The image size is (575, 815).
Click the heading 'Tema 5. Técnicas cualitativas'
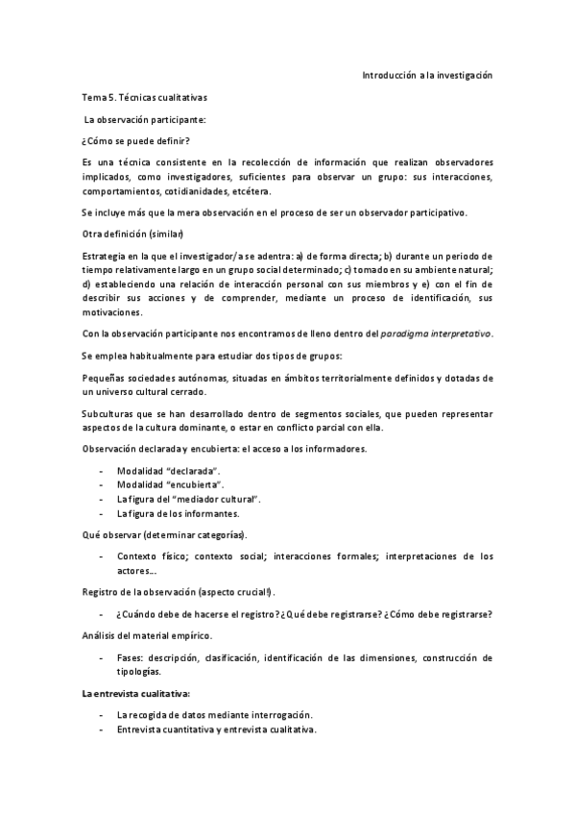tap(144, 97)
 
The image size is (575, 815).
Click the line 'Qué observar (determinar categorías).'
tap(163, 533)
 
